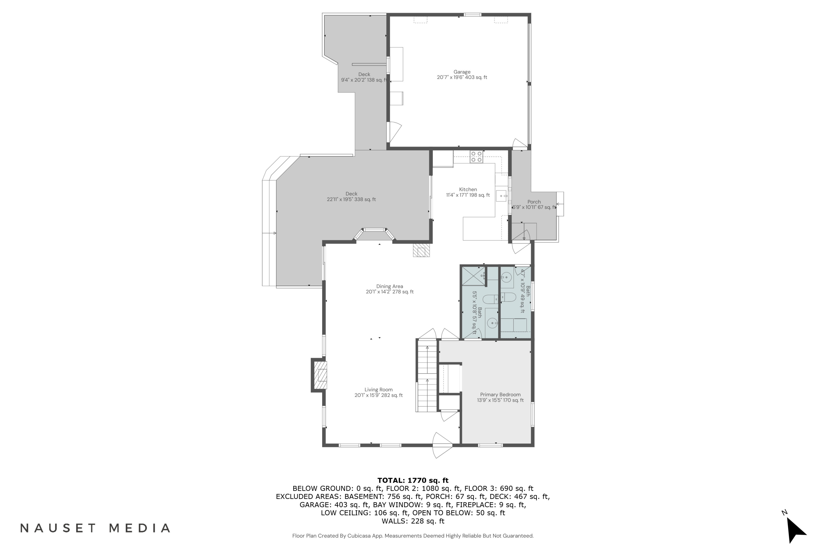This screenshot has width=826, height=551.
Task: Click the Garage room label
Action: click(461, 74)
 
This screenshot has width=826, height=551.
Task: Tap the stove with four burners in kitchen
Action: click(476, 157)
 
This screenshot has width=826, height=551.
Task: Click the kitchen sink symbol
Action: click(501, 196)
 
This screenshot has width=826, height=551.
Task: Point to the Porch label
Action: click(534, 204)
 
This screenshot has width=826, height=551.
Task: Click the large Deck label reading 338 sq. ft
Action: click(351, 196)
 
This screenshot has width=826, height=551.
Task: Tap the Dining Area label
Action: click(390, 289)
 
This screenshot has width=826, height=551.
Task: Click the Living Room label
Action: click(378, 392)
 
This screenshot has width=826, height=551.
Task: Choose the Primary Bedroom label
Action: click(500, 397)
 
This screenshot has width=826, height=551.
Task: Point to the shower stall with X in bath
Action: click(473, 276)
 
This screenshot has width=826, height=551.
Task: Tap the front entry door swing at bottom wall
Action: click(442, 445)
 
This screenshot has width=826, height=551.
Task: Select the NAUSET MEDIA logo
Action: click(95, 528)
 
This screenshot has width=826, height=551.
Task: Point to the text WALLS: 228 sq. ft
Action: click(413, 521)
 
